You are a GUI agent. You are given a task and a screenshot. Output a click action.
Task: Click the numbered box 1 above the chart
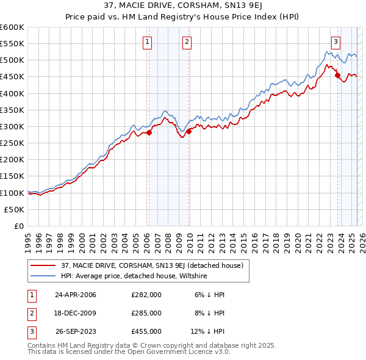click(148, 42)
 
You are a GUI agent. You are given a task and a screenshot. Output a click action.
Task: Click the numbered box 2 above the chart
click(187, 42)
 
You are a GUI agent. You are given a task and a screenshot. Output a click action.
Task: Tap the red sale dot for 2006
click(149, 132)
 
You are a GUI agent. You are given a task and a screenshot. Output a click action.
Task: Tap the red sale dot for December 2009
click(188, 131)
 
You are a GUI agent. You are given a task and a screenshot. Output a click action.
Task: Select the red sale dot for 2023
click(337, 76)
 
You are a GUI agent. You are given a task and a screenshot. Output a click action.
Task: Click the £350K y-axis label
click(12, 110)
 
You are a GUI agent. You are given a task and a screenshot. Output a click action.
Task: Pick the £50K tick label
click(15, 209)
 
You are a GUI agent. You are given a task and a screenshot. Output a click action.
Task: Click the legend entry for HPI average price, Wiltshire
click(134, 276)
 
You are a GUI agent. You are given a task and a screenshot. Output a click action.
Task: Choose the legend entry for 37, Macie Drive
click(152, 265)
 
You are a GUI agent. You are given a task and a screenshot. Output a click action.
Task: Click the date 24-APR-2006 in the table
click(76, 295)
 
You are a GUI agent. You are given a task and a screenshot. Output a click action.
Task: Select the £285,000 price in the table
click(146, 313)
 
